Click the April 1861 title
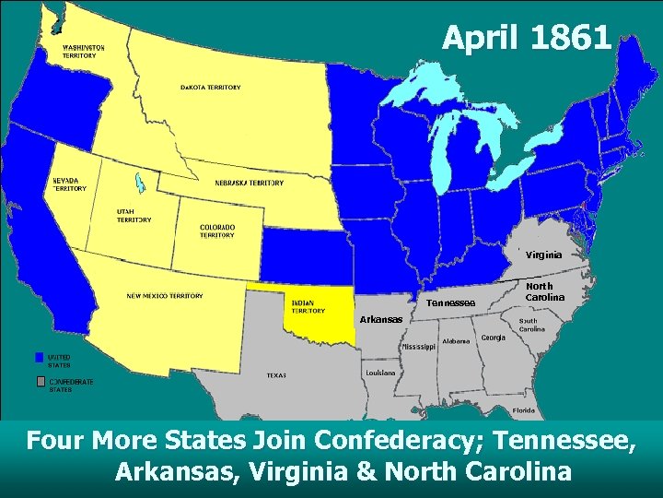[x=526, y=38]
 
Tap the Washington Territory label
[x=83, y=51]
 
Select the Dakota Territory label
[x=210, y=88]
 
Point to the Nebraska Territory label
[x=249, y=183]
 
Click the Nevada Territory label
[x=68, y=184]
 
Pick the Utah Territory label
[x=134, y=215]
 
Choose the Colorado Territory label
[x=217, y=231]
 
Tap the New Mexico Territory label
[x=165, y=296]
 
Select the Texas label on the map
[x=276, y=375]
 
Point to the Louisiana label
[x=380, y=372]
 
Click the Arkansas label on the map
[x=381, y=319]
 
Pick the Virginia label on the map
[x=544, y=255]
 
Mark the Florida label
[x=524, y=409]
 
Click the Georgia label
[x=493, y=338]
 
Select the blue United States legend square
[x=40, y=356]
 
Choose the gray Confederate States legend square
[x=40, y=381]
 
